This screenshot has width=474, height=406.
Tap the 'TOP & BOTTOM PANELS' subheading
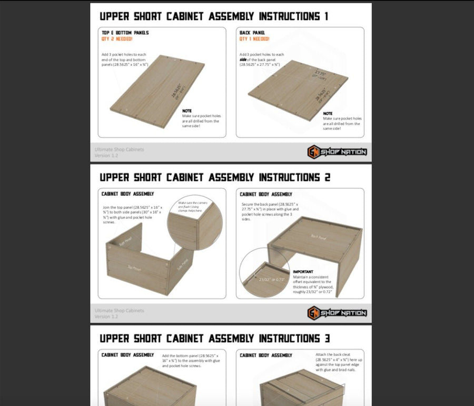pyautogui.click(x=125, y=33)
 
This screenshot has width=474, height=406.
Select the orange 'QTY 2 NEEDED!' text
pyautogui.click(x=117, y=39)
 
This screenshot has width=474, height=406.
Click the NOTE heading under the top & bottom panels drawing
pyautogui.click(x=187, y=111)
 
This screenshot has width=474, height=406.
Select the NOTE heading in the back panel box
pyautogui.click(x=328, y=113)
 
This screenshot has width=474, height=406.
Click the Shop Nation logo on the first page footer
pyautogui.click(x=337, y=152)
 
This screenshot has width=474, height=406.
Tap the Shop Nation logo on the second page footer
pyautogui.click(x=337, y=313)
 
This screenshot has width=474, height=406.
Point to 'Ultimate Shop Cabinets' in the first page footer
pyautogui.click(x=119, y=150)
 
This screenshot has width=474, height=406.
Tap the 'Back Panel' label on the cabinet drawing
pyautogui.click(x=319, y=236)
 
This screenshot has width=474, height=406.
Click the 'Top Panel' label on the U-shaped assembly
pyautogui.click(x=134, y=268)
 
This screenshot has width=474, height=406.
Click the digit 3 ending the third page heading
pyautogui.click(x=327, y=338)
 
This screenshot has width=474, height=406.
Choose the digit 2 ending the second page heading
pyautogui.click(x=327, y=177)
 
